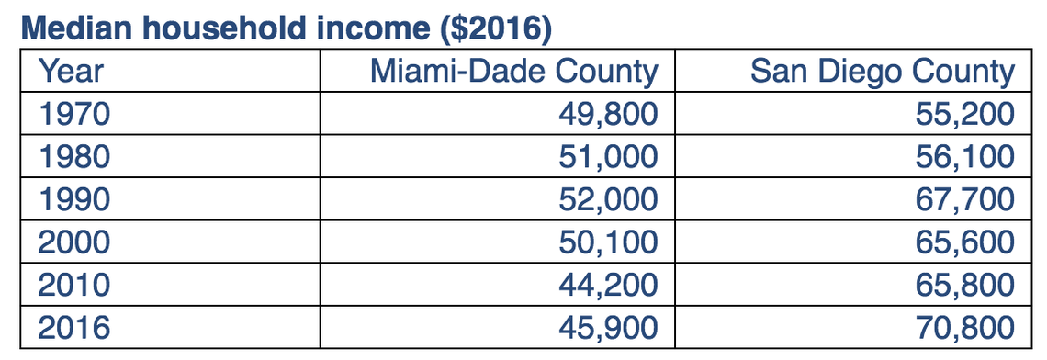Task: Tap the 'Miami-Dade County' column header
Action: [514, 71]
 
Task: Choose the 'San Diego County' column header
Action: [883, 71]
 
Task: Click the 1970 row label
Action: [74, 114]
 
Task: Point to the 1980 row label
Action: [74, 157]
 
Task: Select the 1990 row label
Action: [74, 199]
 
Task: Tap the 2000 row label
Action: [74, 242]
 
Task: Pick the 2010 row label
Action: [74, 285]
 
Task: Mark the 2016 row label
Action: [74, 328]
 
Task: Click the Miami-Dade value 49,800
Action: [608, 114]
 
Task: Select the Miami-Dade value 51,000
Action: [608, 157]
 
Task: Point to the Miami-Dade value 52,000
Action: [608, 199]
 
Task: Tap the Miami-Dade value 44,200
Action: [608, 285]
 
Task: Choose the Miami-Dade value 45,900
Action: [608, 328]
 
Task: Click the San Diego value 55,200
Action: [964, 114]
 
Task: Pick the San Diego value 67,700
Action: [964, 199]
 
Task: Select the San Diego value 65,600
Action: [964, 242]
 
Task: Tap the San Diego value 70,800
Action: [964, 328]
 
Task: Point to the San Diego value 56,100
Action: [964, 157]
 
